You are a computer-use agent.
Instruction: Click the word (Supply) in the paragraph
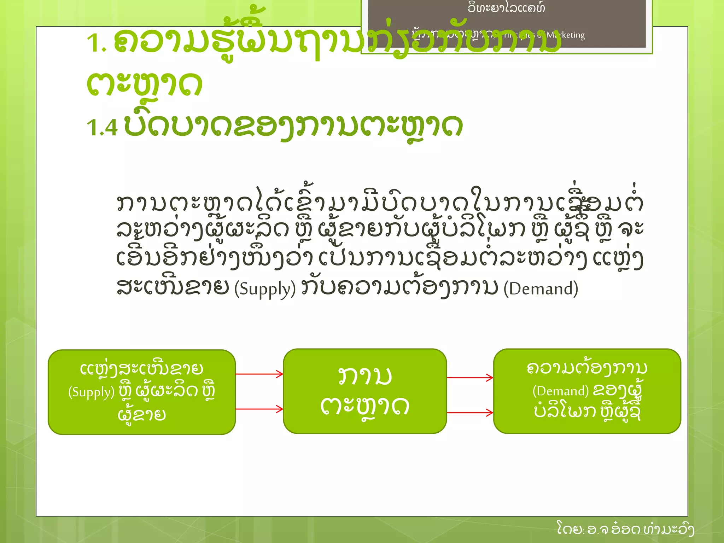coord(265,289)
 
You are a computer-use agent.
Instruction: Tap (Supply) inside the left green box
coord(91,392)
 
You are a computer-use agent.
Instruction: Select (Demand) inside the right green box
coord(560,391)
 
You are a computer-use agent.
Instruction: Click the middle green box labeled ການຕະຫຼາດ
coord(364,391)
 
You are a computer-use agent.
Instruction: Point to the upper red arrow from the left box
coord(259,374)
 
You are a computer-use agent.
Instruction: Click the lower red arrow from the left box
coord(259,409)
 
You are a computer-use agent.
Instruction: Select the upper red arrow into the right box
coord(470,378)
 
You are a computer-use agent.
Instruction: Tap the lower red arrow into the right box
coord(470,413)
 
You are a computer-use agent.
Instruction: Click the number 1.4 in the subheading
coord(102,127)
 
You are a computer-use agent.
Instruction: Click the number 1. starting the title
coord(96,43)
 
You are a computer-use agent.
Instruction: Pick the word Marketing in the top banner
coord(565,35)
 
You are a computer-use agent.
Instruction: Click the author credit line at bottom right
coord(625,529)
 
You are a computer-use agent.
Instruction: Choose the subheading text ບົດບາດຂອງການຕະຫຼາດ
coord(293,126)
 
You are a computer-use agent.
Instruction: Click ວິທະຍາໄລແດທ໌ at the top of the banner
coord(506,8)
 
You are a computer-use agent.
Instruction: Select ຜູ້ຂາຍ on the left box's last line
coord(142,414)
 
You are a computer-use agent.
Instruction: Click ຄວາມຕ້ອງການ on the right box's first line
coord(587,368)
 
